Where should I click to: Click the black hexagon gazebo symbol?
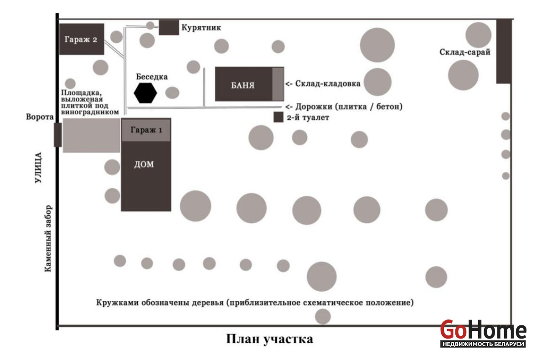[x=145, y=93]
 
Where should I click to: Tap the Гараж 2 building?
[x=82, y=39]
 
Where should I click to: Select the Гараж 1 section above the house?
[x=146, y=130]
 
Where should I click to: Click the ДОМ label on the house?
[x=144, y=165]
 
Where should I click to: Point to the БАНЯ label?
[x=243, y=85]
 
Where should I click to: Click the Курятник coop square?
[x=169, y=27]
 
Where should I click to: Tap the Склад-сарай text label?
[x=464, y=52]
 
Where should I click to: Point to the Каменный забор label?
[x=48, y=237]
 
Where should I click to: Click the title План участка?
[x=270, y=339]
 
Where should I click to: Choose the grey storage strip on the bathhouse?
[x=278, y=84]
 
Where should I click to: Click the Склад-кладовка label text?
[x=327, y=84]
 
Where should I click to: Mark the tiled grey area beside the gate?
[x=91, y=135]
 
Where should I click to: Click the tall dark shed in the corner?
[x=503, y=51]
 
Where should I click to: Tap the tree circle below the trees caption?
[x=323, y=316]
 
